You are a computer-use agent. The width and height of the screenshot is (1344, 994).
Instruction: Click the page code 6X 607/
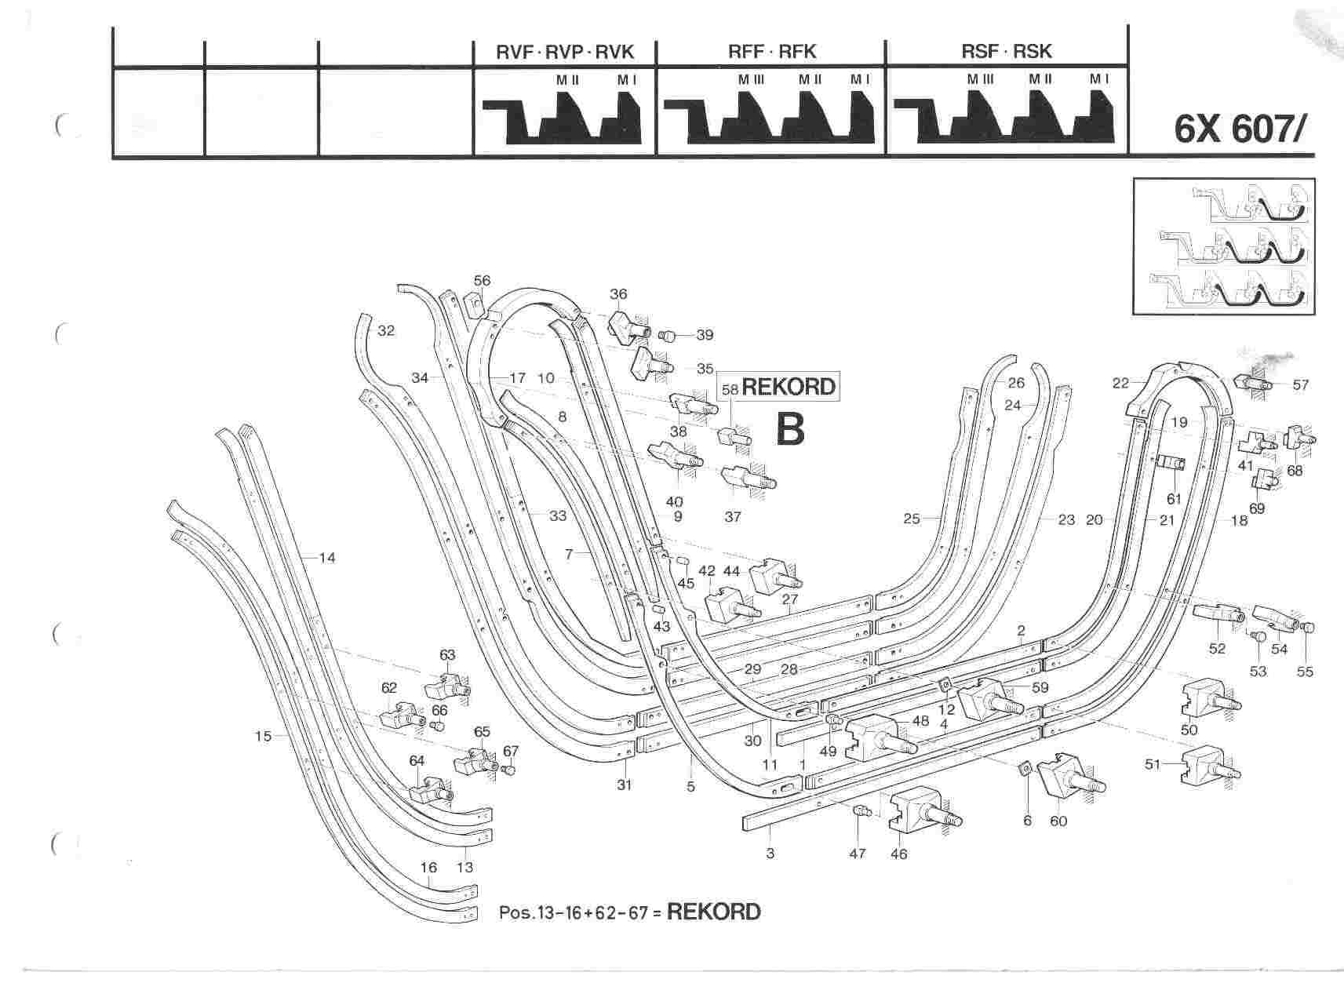(x=1237, y=129)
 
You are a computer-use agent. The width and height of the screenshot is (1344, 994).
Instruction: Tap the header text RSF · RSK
(x=1007, y=52)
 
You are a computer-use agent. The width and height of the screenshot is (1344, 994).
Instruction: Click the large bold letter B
(x=789, y=428)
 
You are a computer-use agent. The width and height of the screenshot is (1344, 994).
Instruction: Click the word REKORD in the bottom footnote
(x=713, y=912)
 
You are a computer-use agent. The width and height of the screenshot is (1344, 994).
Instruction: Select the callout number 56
(x=482, y=281)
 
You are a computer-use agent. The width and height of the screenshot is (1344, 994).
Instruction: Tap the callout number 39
(x=705, y=335)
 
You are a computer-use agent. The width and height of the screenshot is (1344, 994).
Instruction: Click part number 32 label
(x=386, y=331)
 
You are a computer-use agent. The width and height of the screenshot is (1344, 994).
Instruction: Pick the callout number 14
(x=327, y=558)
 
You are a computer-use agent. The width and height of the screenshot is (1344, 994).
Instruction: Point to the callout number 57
(x=1301, y=385)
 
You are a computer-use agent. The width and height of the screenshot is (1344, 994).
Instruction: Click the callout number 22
(x=1120, y=382)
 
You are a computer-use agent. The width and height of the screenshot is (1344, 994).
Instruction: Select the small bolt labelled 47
(x=861, y=812)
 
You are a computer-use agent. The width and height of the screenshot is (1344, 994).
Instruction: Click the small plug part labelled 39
(x=668, y=336)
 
